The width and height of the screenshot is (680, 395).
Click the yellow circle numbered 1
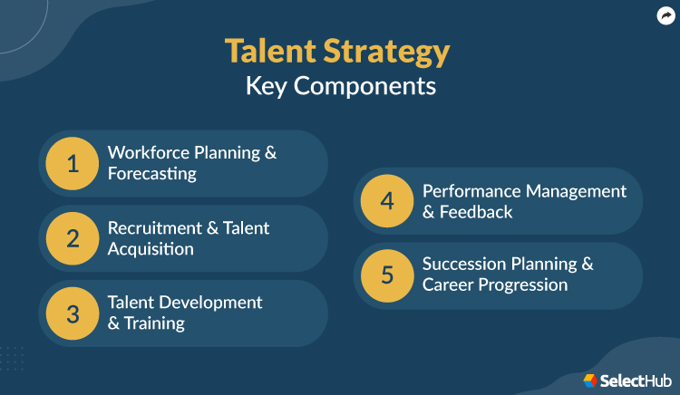tap(73, 163)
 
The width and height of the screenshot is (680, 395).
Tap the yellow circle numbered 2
tap(73, 238)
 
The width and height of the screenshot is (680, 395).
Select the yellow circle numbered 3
tap(73, 313)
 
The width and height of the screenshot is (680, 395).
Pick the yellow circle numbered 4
tap(387, 201)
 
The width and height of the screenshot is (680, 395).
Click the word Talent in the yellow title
tap(269, 52)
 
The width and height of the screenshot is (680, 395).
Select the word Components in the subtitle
tap(369, 87)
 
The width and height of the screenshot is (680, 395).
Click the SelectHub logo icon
tap(590, 381)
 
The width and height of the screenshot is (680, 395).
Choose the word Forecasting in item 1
tap(151, 174)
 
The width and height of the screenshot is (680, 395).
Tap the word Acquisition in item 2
tap(151, 249)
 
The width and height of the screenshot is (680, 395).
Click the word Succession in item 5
tap(465, 265)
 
